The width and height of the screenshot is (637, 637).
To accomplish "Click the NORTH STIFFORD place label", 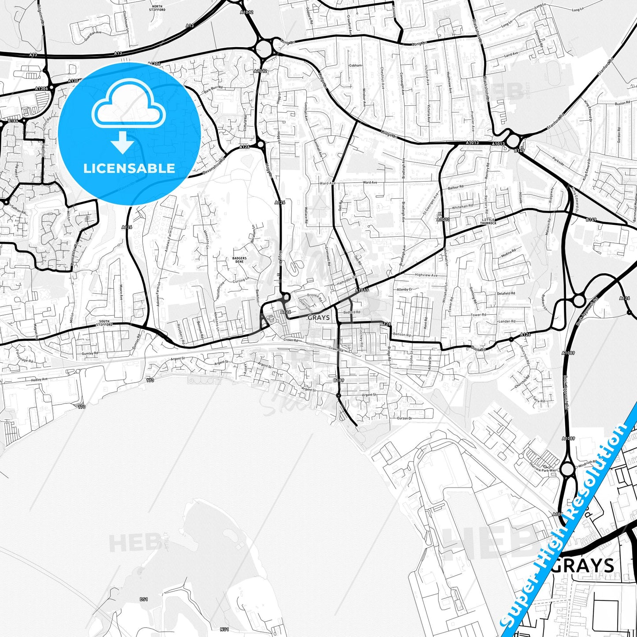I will point(157,8).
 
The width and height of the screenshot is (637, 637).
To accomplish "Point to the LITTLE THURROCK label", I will point(488,221).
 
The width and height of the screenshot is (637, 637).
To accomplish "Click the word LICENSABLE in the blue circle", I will point(129,168).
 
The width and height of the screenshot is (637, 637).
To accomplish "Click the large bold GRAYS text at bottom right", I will point(583,565).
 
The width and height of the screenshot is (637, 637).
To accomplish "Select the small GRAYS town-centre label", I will point(318,317).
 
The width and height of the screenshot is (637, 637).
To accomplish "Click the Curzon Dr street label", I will point(404,418).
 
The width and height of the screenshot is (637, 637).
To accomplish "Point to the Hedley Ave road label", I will point(39,379).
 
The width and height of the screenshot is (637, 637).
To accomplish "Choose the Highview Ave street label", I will point(426,275).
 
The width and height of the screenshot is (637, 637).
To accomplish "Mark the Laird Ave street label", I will point(511,54).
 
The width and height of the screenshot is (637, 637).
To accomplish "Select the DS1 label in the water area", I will point(144,599).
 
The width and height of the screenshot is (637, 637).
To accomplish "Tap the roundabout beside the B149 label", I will point(513,141).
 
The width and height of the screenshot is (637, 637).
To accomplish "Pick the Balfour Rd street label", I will point(455,187).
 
